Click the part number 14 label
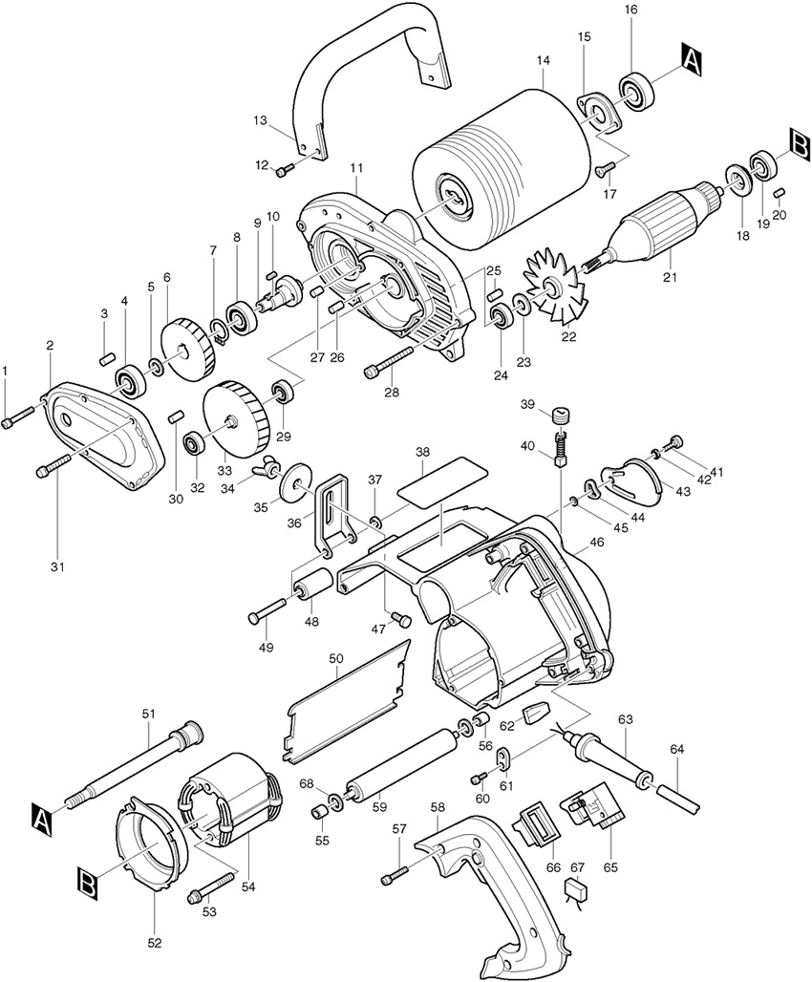(543, 61)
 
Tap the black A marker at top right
(691, 61)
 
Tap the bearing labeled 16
(637, 90)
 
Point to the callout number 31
(57, 566)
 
